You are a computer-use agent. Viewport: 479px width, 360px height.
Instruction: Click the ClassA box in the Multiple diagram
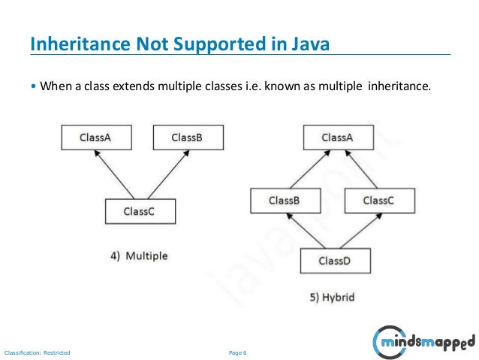pos(95,138)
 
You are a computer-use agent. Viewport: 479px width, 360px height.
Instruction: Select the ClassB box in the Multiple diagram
pos(187,138)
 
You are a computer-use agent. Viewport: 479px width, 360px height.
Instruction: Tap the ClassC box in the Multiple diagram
pos(140,211)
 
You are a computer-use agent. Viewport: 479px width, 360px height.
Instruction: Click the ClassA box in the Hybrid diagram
pos(337,138)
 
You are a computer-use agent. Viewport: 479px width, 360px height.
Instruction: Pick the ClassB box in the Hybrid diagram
pos(285,201)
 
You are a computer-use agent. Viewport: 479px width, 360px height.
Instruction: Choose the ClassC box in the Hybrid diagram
pos(378,201)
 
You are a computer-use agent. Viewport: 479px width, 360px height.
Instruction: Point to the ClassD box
pos(334,261)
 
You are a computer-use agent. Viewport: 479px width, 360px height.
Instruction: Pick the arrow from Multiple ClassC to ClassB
pos(163,174)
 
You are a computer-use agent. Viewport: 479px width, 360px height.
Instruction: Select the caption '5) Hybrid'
pos(332,298)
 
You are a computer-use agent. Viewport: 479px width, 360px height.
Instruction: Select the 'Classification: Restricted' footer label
pos(37,352)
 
